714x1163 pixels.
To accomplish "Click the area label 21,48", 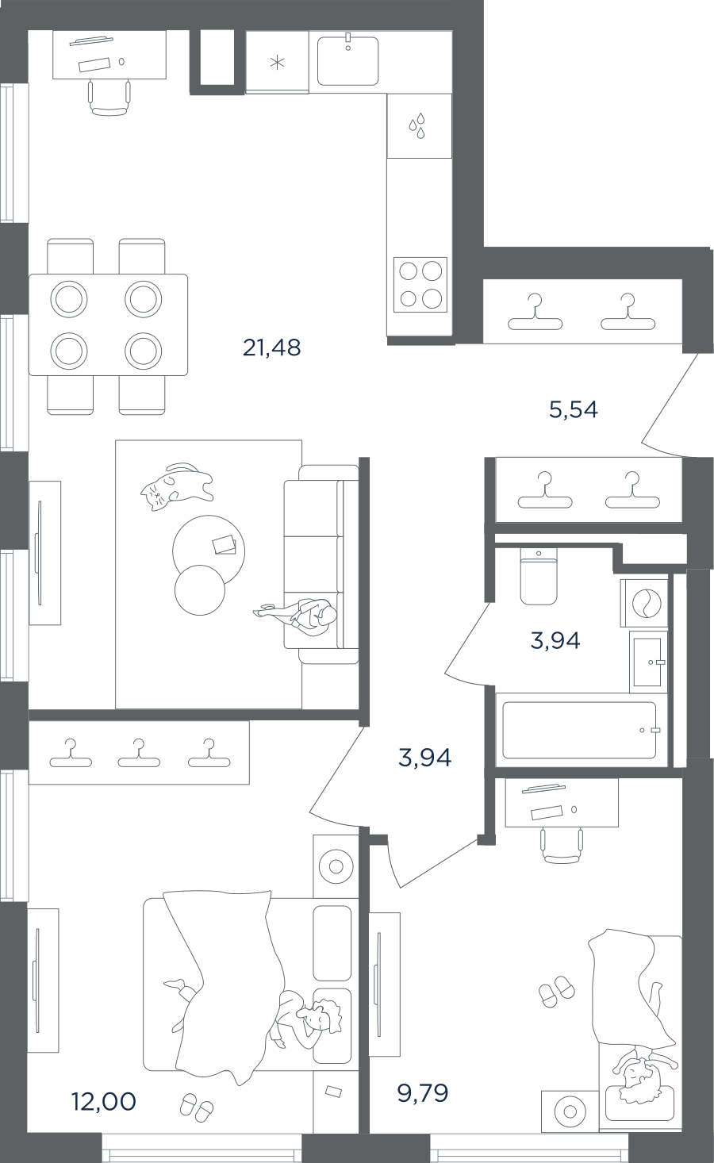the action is click(271, 347).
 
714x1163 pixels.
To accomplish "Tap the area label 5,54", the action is click(574, 410).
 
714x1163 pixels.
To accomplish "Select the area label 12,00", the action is click(105, 1101).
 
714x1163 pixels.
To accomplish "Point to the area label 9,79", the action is click(423, 1093).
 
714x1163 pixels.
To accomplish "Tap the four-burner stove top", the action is click(420, 285).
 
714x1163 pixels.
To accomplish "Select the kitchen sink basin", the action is click(347, 61).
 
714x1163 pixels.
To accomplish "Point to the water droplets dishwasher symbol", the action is click(417, 125).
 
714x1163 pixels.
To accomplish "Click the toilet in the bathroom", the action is click(539, 577).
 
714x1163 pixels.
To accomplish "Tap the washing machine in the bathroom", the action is click(644, 603).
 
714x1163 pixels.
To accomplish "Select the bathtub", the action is click(579, 730).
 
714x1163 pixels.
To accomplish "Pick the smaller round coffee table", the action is click(200, 589).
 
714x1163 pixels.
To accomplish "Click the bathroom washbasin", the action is click(648, 662).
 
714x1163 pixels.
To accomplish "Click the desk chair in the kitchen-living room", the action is click(109, 98).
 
